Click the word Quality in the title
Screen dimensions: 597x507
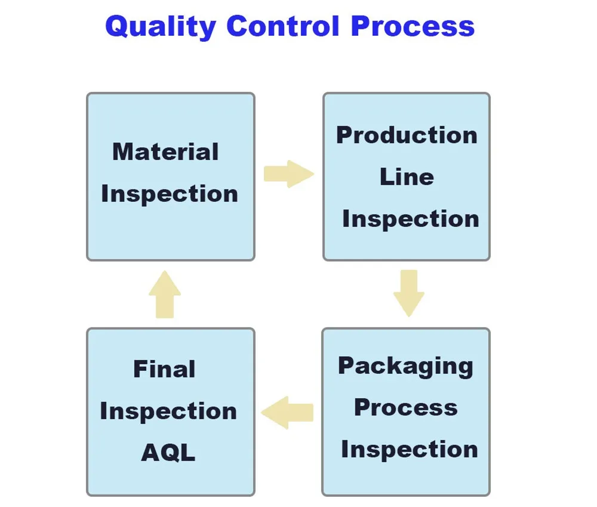click(x=161, y=27)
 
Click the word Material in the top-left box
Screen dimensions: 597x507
click(x=165, y=152)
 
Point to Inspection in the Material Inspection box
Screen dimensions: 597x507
click(x=170, y=194)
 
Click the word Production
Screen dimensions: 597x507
click(x=407, y=135)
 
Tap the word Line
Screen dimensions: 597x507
click(x=407, y=177)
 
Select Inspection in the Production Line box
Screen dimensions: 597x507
click(x=411, y=219)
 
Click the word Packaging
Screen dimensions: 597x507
click(x=405, y=367)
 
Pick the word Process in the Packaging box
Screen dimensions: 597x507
click(x=406, y=408)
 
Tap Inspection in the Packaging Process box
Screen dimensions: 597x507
click(x=410, y=450)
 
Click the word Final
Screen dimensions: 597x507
click(x=165, y=368)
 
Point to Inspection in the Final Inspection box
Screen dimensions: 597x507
click(x=168, y=411)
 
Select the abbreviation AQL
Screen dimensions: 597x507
click(x=168, y=453)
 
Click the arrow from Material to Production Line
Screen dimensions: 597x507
click(x=289, y=174)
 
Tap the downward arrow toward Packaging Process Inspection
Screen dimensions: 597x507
click(x=409, y=293)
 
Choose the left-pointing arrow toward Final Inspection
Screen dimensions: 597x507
click(x=287, y=413)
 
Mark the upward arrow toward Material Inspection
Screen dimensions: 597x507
click(x=165, y=294)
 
